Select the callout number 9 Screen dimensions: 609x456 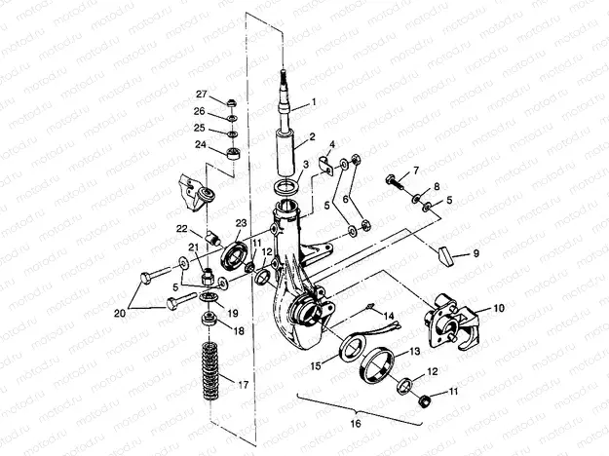coord(476,252)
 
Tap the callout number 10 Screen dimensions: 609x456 coord(498,308)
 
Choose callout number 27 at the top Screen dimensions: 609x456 coord(202,94)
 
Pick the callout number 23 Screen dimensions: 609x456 coord(240,222)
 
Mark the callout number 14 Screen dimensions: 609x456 coord(388,316)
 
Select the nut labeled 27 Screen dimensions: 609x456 coord(231,102)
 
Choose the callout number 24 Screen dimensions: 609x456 coord(201,144)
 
